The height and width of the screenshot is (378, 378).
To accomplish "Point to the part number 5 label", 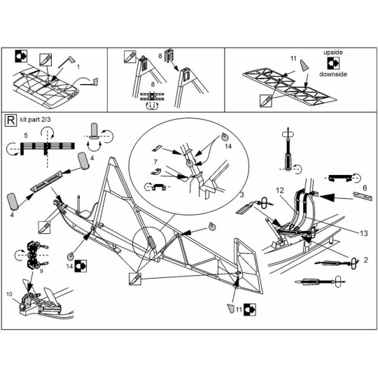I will [x=25, y=134].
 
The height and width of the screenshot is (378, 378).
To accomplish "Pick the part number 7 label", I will [x=157, y=162].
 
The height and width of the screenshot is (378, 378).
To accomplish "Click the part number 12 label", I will [x=279, y=190].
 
